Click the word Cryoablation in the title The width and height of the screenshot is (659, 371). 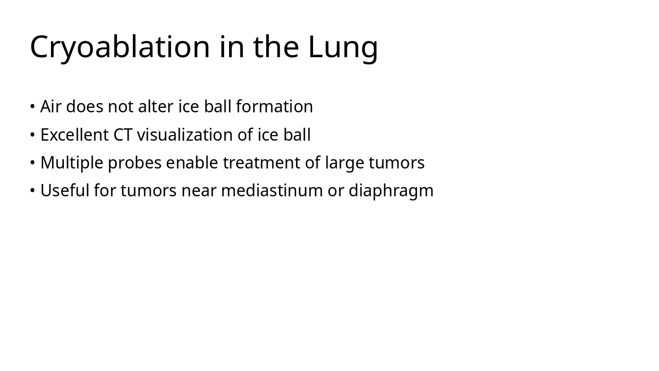point(120,47)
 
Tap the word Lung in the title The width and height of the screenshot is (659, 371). point(343,47)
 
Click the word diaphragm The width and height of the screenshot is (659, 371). point(391,191)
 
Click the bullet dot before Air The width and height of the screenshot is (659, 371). point(32,107)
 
